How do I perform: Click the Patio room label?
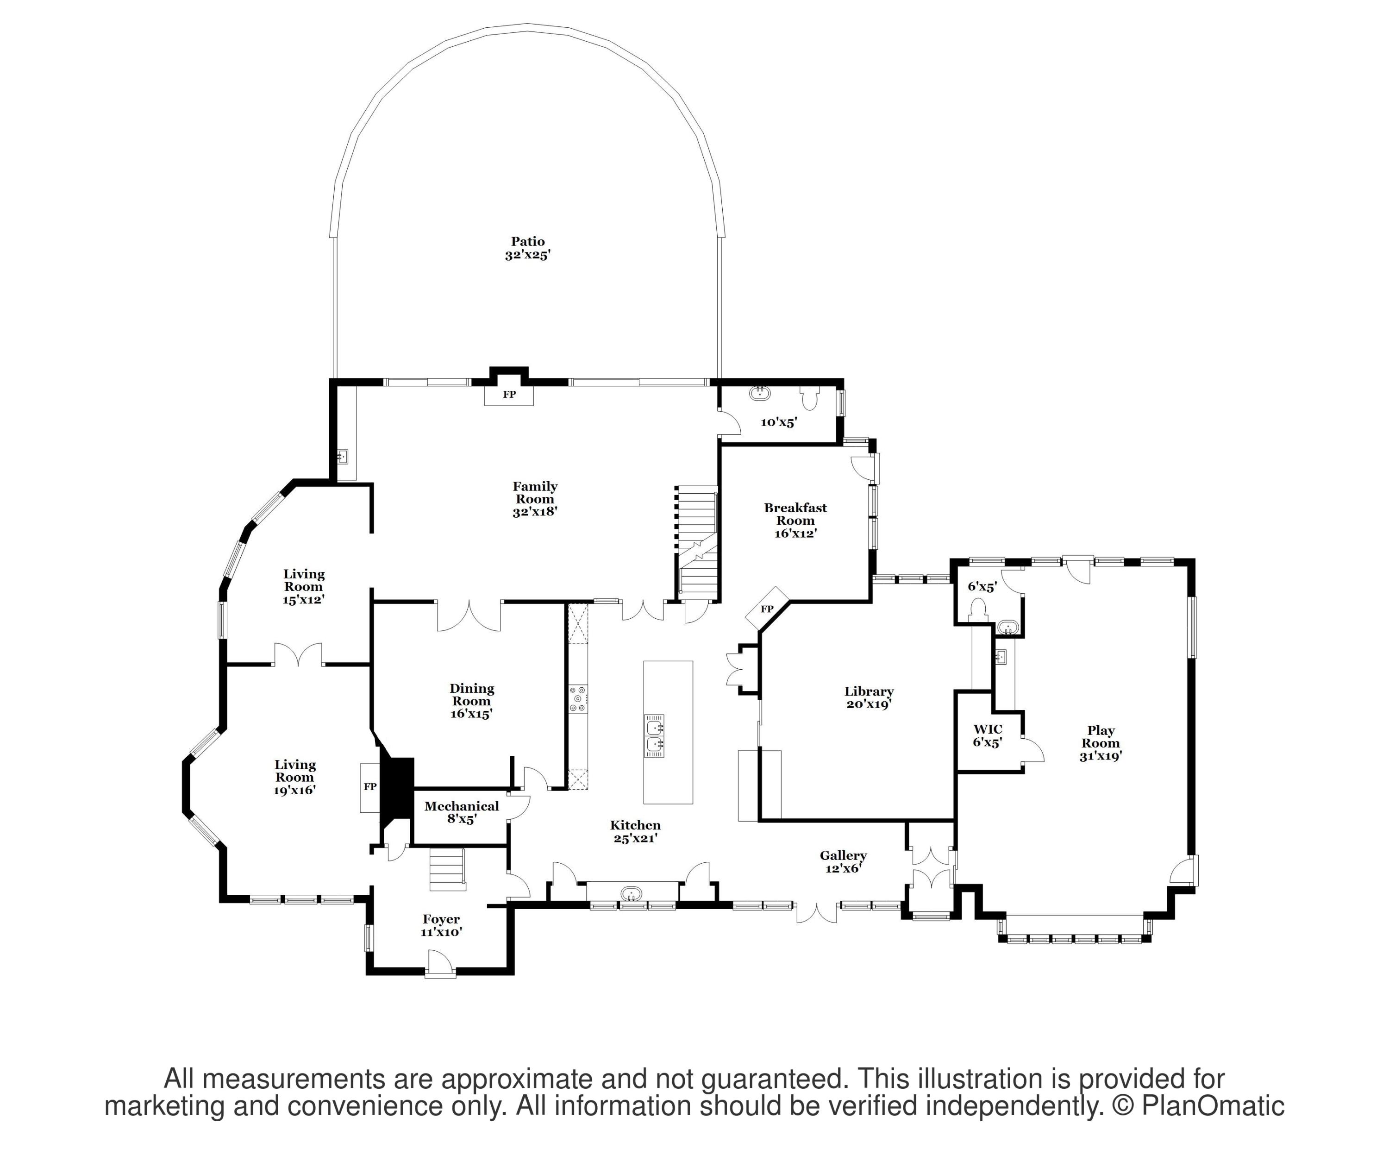[528, 241]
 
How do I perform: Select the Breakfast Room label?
[796, 514]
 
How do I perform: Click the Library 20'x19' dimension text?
[869, 704]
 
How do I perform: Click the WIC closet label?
[988, 729]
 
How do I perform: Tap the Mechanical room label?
[462, 806]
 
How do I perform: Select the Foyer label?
[441, 919]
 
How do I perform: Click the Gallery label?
[843, 856]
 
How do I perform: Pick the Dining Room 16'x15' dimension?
[472, 714]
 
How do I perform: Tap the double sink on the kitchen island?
[655, 735]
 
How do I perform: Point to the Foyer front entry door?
[439, 962]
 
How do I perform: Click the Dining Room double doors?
[469, 616]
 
